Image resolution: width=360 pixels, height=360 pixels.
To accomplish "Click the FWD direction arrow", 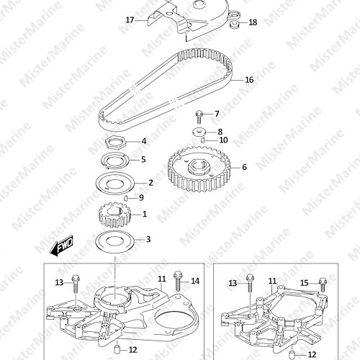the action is pos(61,246).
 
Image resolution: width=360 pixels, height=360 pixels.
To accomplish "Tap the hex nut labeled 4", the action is pos(114,142).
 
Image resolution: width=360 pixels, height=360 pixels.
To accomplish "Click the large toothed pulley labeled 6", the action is pos(199,169).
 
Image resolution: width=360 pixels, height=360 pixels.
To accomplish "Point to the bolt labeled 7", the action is pos(199,117).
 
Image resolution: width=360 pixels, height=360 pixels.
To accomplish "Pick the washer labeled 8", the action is pos(199,132).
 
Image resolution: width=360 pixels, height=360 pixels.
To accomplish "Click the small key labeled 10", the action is pos(203,140).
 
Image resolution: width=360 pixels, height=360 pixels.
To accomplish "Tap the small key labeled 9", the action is pos(125,198).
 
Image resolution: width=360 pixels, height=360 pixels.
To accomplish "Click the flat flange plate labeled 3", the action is pos(115,240).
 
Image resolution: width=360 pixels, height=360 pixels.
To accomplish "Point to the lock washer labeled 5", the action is pos(114,160).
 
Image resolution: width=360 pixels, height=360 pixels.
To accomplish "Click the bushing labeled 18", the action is pos(233,24).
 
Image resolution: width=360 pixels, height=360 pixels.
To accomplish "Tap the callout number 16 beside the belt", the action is pos(249,80).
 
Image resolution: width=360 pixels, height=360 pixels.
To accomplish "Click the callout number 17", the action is pos(130,20).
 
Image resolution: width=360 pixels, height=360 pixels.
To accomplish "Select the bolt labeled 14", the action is pos(178,281).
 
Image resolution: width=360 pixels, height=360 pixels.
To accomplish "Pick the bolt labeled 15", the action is pos(323,285).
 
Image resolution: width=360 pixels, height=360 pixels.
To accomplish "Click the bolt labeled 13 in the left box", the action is pos(76,284).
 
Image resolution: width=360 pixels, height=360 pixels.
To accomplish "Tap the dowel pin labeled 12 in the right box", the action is pos(292,354).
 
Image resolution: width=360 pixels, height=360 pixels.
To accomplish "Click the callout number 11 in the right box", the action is pos(272,281).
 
